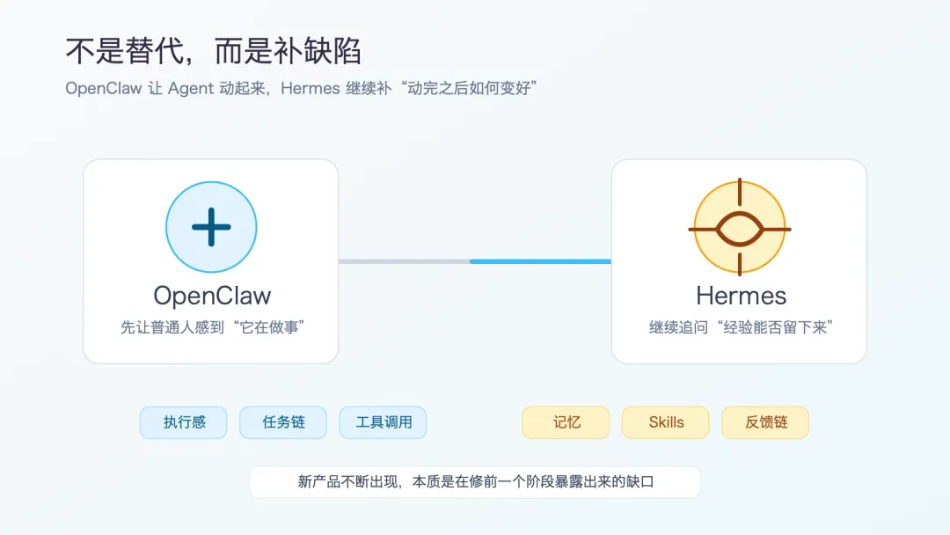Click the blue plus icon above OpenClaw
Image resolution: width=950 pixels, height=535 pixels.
coord(211,227)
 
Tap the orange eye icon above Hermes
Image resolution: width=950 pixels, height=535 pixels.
coord(739,228)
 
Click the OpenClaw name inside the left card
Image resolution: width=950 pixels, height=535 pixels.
coord(211,296)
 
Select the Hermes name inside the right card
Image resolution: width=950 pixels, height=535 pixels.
coord(741,296)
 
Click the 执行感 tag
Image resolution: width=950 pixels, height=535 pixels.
coord(184,422)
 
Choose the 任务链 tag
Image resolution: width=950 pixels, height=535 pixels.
coord(283,422)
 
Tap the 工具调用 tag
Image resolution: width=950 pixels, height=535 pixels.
coord(384,422)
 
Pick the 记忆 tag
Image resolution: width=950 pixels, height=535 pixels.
coord(566,422)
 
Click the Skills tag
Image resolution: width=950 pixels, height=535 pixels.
coord(666,422)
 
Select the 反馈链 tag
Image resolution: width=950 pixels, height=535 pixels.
coord(765,422)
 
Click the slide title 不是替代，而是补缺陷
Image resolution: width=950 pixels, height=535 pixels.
coord(213,50)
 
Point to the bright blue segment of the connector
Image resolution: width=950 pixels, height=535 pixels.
coord(540,261)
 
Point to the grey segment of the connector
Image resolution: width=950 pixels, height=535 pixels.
coord(405,261)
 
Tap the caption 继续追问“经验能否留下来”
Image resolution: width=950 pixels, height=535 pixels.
coord(741,327)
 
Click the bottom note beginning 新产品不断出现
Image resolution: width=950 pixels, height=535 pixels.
coord(475,482)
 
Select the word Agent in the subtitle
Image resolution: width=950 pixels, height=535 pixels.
coord(190,88)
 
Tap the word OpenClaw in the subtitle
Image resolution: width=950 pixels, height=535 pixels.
coord(103,88)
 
